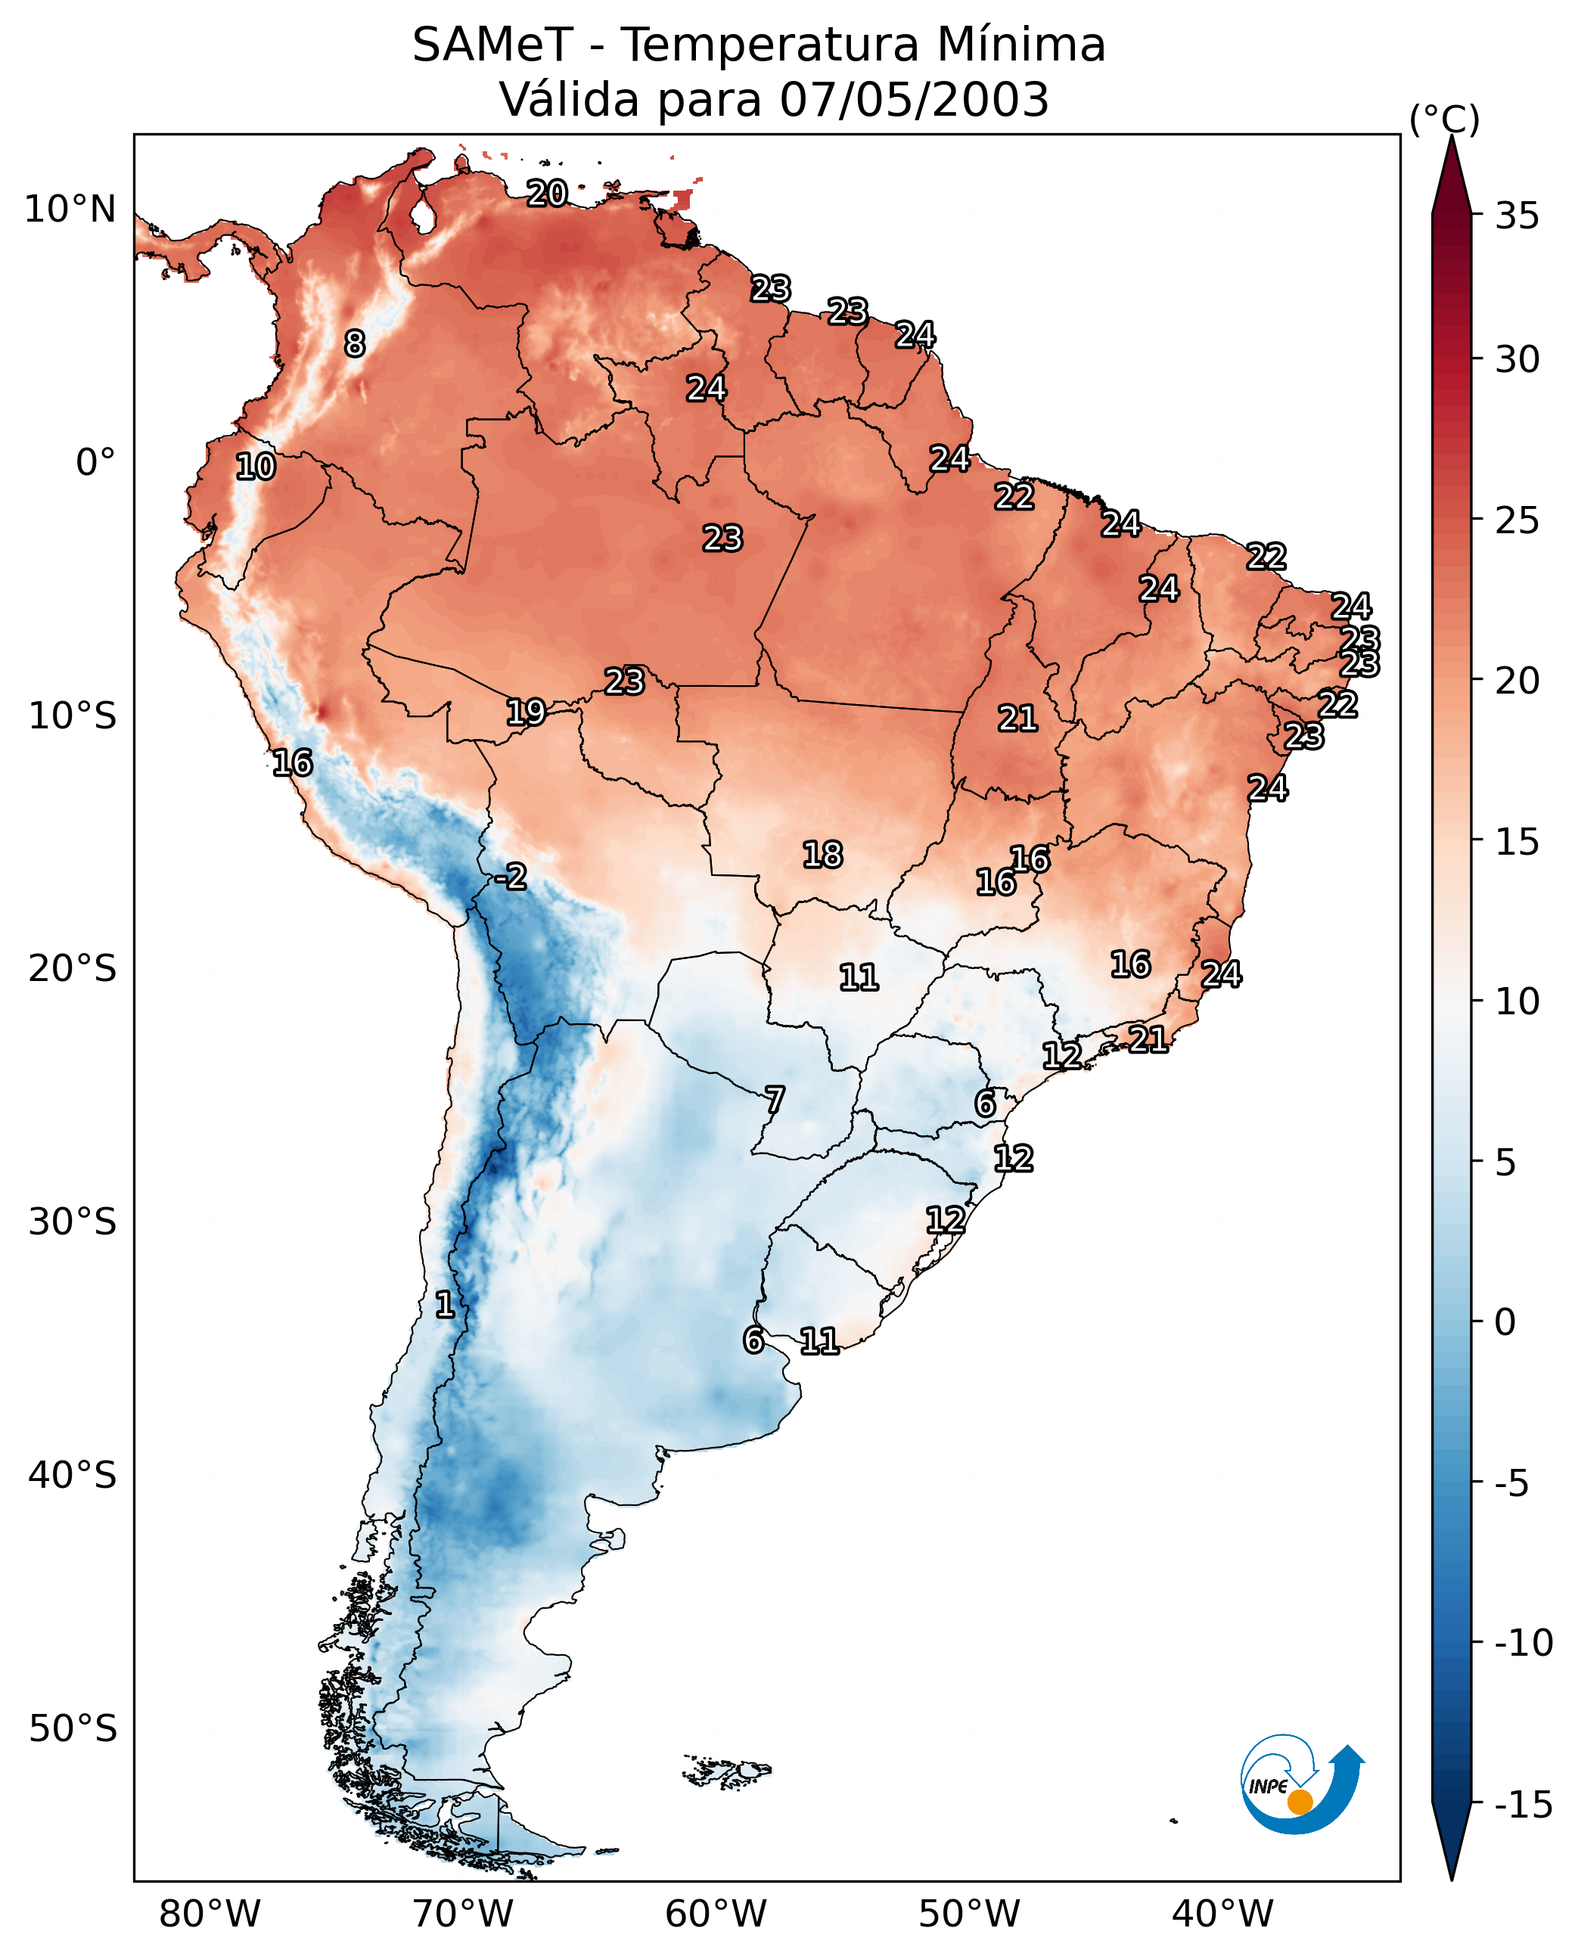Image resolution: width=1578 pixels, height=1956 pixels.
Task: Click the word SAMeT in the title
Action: pyautogui.click(x=492, y=45)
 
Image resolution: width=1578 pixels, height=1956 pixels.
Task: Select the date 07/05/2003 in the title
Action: pyautogui.click(x=915, y=99)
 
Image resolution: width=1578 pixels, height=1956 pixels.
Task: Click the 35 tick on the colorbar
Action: pyautogui.click(x=1517, y=216)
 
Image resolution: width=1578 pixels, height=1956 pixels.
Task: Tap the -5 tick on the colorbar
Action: pyautogui.click(x=1511, y=1483)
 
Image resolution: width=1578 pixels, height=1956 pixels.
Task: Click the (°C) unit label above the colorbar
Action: pyautogui.click(x=1444, y=120)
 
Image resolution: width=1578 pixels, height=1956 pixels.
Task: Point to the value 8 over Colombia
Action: pyautogui.click(x=355, y=343)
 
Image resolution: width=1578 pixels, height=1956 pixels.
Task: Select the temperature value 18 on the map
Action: pyautogui.click(x=822, y=855)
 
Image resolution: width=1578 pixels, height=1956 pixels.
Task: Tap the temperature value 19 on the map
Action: pyautogui.click(x=526, y=712)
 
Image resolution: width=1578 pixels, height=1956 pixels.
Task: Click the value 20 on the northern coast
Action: pyautogui.click(x=547, y=193)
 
